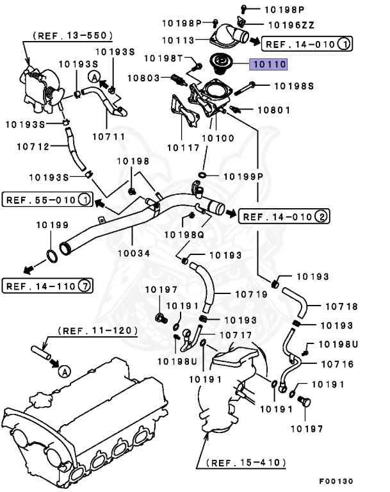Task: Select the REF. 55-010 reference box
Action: (x=47, y=200)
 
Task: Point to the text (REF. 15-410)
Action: (x=246, y=461)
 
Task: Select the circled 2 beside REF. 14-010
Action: (x=321, y=218)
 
